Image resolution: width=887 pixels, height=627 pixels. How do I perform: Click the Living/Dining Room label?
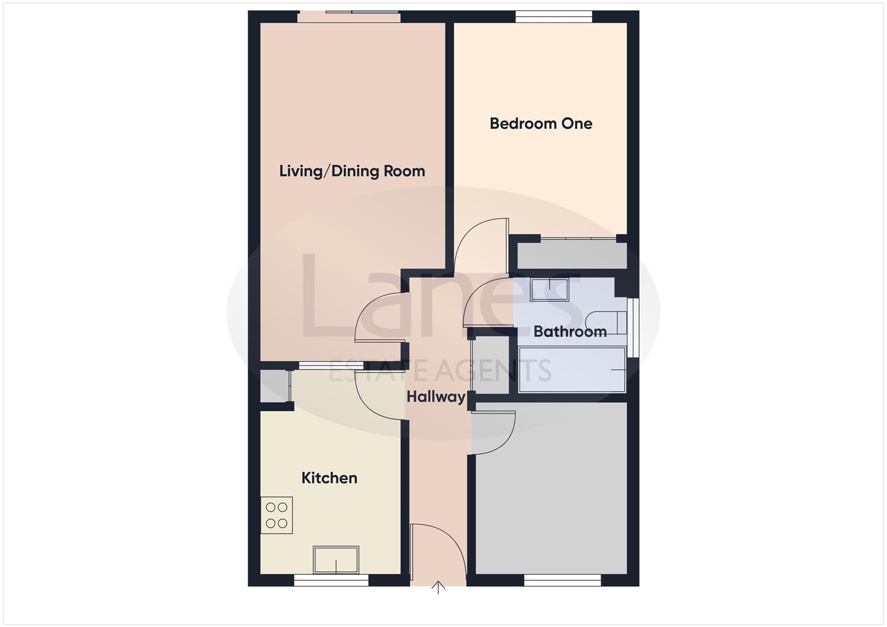click(352, 171)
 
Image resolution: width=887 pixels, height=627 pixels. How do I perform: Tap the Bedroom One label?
click(541, 124)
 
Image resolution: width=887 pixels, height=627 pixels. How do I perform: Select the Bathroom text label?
click(570, 331)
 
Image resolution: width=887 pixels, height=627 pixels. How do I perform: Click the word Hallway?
click(436, 397)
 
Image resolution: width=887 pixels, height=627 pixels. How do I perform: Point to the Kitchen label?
click(329, 478)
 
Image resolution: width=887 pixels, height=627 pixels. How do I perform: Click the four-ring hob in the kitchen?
click(276, 515)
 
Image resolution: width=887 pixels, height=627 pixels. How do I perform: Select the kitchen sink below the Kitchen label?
click(336, 560)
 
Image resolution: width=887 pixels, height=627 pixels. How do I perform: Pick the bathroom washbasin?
click(549, 289)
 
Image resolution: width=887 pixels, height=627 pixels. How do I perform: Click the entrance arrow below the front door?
click(438, 588)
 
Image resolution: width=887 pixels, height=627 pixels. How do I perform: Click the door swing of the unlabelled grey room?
click(494, 433)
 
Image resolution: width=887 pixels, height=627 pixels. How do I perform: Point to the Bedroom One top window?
click(554, 17)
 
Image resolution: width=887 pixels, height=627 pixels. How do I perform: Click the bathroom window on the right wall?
click(635, 327)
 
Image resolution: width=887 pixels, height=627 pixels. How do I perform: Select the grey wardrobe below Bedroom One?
click(572, 256)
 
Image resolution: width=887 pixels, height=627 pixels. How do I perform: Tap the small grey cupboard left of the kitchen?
click(274, 386)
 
